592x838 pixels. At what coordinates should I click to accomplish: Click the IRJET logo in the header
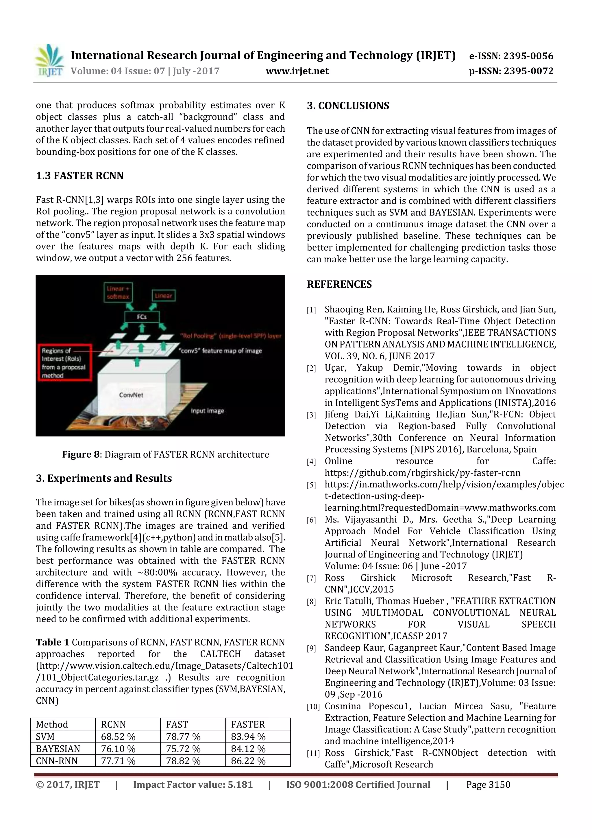click(49, 60)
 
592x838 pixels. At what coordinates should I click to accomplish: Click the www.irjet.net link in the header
click(297, 71)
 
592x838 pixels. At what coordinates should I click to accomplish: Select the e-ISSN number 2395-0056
click(528, 56)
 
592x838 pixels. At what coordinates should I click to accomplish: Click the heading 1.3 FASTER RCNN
click(79, 176)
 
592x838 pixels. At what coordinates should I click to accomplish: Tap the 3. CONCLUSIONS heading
click(348, 106)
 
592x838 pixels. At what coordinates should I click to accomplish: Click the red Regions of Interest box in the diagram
click(64, 363)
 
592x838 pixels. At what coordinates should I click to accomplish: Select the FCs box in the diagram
click(142, 317)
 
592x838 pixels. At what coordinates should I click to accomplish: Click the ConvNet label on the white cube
click(131, 395)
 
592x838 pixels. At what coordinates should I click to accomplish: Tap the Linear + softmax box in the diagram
click(117, 292)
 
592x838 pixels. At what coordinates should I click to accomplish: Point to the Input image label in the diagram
click(207, 411)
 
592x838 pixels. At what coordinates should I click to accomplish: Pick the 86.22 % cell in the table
click(248, 761)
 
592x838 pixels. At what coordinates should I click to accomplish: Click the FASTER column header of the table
click(248, 725)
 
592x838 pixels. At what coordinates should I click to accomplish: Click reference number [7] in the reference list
click(311, 579)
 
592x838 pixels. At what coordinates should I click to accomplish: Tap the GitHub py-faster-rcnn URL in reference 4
click(422, 473)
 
